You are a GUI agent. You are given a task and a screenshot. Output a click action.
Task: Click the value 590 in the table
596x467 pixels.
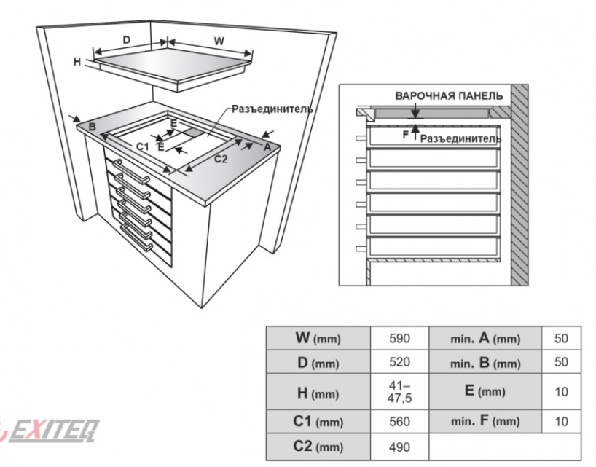399,338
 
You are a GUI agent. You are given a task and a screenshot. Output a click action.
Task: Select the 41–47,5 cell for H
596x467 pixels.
399,392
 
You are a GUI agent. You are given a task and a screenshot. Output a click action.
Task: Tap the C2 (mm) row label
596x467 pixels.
318,447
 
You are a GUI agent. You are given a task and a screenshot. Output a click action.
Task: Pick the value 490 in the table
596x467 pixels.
399,447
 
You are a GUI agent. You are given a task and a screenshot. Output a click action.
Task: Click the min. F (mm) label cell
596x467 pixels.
485,421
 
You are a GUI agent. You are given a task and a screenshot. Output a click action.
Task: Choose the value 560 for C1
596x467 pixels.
399,421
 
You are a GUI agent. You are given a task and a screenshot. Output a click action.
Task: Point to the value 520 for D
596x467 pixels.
399,362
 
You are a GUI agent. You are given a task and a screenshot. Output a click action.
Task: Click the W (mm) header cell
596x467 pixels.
318,338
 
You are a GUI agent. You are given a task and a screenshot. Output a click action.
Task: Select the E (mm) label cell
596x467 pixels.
485,391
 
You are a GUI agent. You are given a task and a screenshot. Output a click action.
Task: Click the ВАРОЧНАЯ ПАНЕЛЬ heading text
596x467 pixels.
449,95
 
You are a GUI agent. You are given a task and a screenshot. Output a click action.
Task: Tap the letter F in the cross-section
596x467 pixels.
406,135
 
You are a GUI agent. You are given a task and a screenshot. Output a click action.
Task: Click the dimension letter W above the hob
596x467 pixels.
219,41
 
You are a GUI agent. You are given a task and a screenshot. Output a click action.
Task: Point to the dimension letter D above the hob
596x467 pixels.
127,39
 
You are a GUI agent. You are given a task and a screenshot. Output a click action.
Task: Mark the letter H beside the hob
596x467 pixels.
77,61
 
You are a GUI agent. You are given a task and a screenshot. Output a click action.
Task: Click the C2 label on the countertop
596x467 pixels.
221,159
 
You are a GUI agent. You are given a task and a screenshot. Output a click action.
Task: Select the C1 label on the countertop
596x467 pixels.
142,146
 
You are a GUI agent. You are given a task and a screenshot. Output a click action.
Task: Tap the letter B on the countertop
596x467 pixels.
92,127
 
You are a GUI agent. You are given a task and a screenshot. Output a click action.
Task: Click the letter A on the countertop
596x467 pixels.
267,146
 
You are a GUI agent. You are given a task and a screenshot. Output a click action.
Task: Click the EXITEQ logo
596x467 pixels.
50,431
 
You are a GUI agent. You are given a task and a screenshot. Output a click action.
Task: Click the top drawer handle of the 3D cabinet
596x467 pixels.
131,172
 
